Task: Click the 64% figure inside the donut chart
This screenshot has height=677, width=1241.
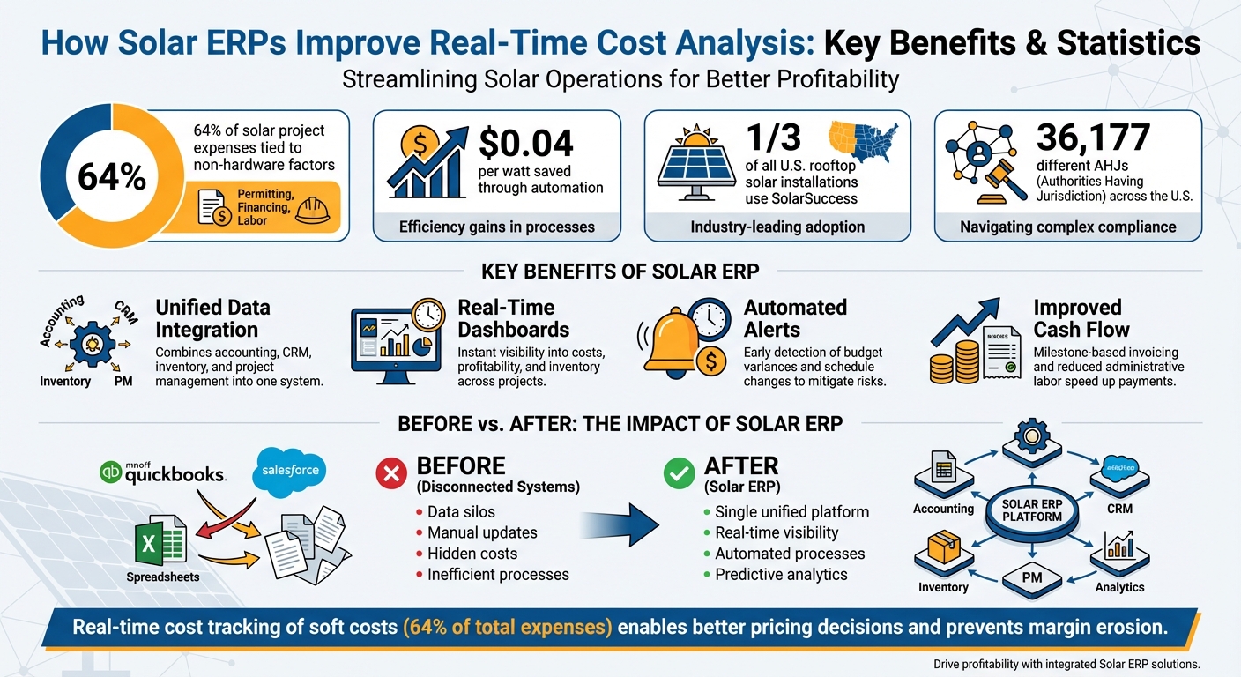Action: point(111,176)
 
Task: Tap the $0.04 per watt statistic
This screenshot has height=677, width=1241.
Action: point(526,143)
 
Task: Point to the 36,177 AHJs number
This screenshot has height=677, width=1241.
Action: point(1093,138)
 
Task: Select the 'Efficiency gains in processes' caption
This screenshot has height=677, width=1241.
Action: point(496,227)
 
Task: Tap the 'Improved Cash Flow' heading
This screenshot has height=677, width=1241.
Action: point(1081,318)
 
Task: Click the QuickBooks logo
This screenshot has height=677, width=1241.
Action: point(164,473)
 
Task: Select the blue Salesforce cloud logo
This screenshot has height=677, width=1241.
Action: point(291,470)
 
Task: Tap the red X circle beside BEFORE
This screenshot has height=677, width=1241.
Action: point(390,474)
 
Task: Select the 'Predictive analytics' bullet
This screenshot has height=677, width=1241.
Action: point(780,575)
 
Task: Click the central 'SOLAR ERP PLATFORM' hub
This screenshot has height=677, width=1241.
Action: point(1031,510)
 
